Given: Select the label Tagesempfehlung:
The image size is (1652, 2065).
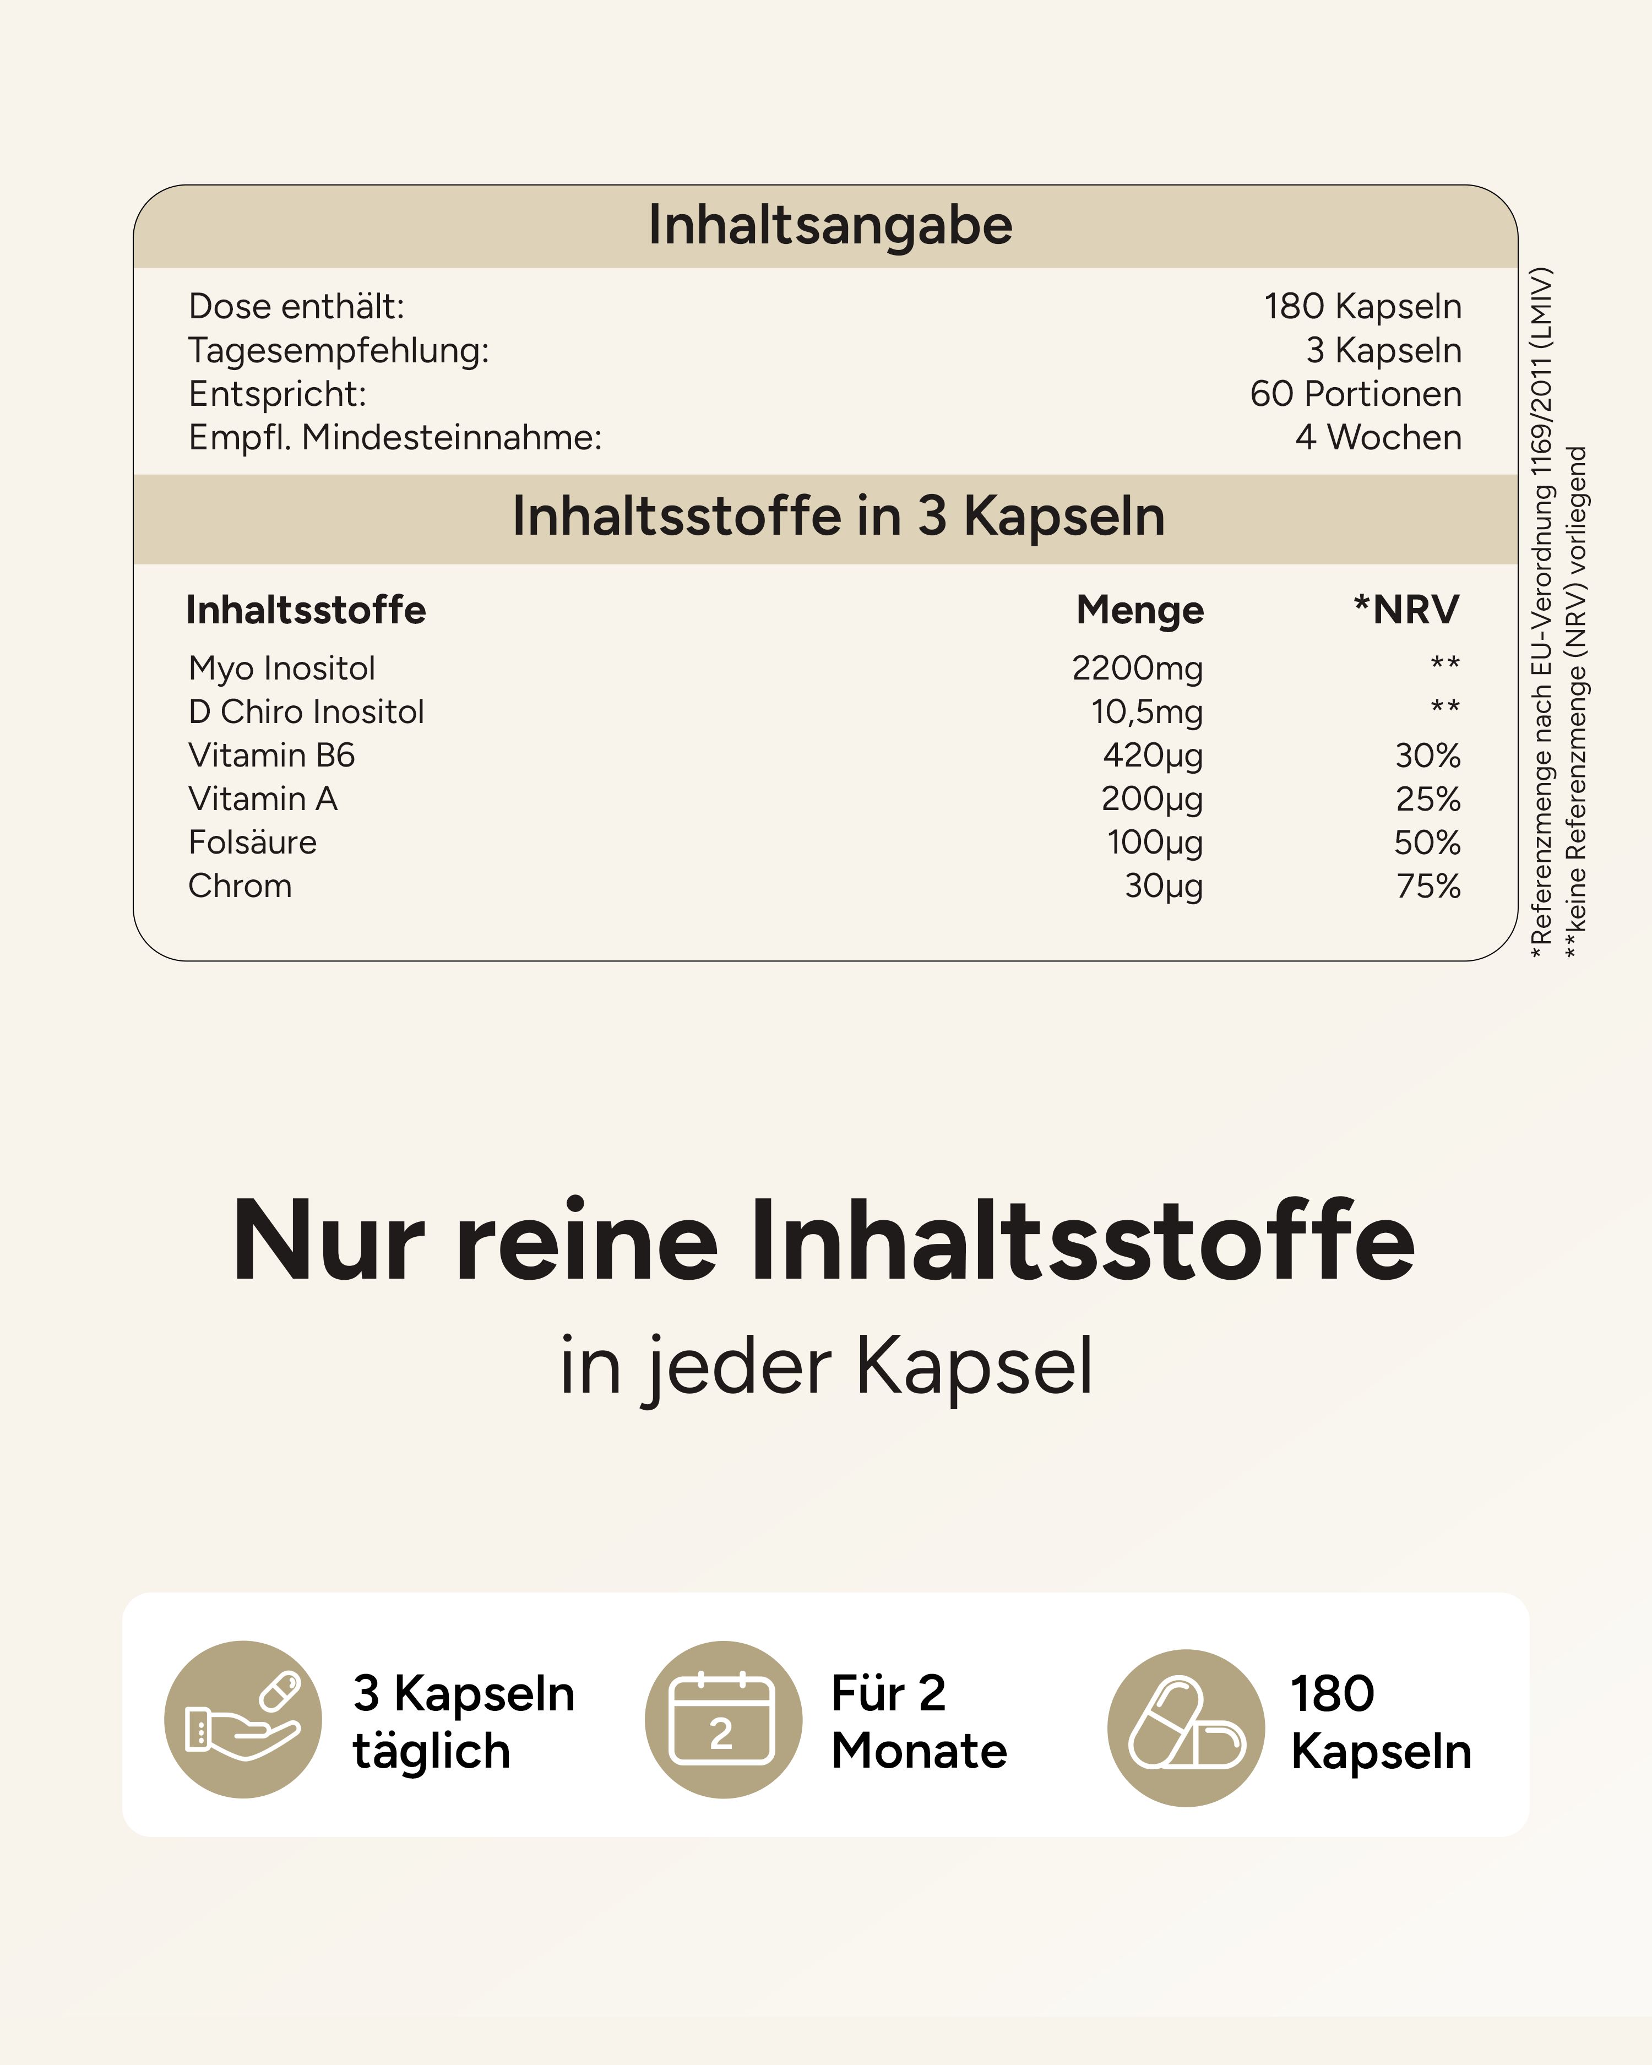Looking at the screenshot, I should coord(338,351).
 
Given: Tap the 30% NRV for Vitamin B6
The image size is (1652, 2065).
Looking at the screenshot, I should coord(1427,756).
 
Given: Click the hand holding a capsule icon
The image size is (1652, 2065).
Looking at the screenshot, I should coord(243,1719).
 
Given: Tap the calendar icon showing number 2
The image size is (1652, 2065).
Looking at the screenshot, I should coord(723,1719).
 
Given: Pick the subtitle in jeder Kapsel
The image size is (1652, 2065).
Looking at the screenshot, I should coord(825,1366).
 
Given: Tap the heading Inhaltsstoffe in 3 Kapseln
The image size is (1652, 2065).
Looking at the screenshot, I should coord(838,517).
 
